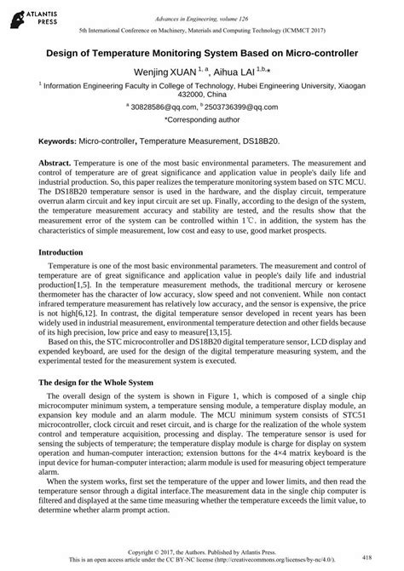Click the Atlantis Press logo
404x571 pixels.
point(26,14)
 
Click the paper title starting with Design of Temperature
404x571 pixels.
point(202,52)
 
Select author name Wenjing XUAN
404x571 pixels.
point(162,71)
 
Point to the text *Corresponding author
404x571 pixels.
point(202,120)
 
